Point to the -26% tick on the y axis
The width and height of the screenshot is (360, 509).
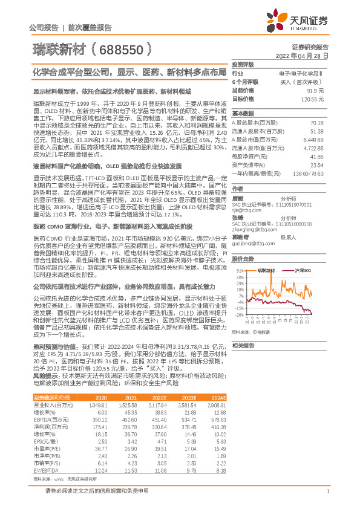pyautogui.click(x=240, y=314)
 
